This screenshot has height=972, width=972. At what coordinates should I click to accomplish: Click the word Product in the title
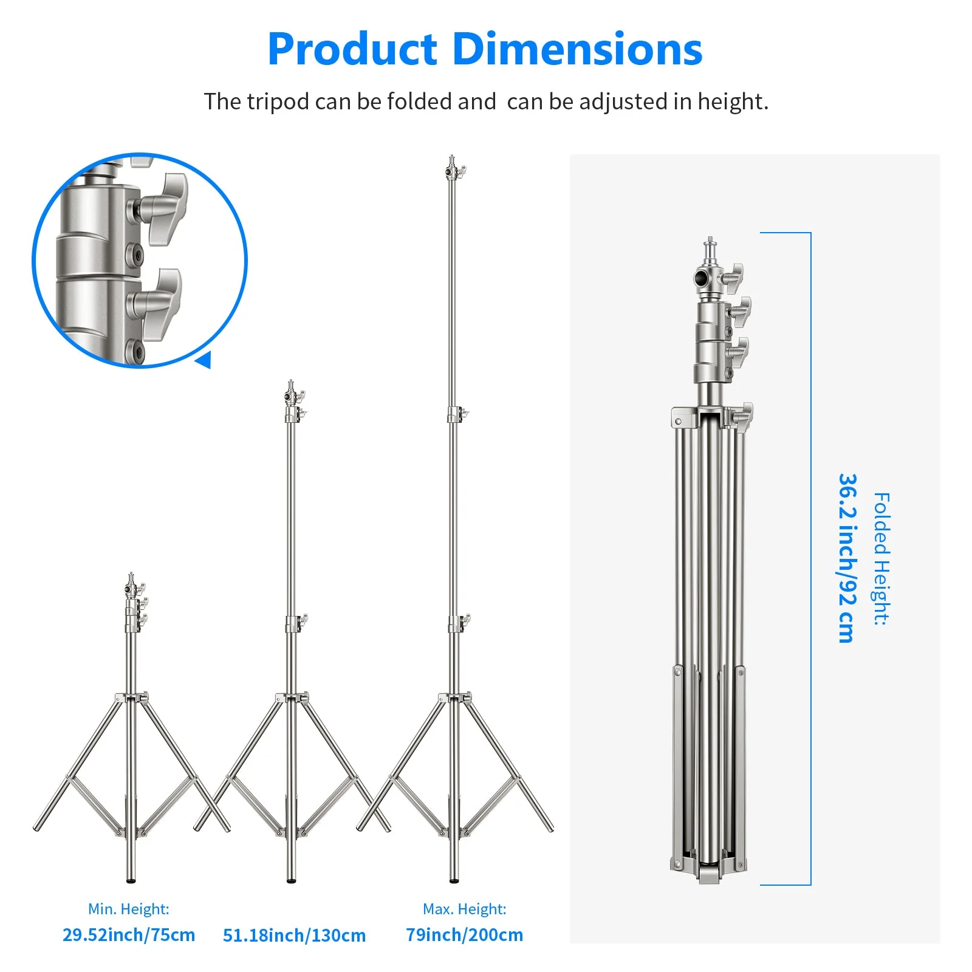pyautogui.click(x=352, y=50)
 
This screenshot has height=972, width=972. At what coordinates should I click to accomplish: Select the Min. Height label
pyautogui.click(x=129, y=909)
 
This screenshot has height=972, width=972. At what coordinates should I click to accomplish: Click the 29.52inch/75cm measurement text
pyautogui.click(x=129, y=934)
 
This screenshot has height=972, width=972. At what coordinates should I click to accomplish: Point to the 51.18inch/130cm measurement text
pyautogui.click(x=294, y=935)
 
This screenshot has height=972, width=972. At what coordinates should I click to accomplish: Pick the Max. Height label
pyautogui.click(x=464, y=909)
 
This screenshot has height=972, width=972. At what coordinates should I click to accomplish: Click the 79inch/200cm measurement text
pyautogui.click(x=464, y=934)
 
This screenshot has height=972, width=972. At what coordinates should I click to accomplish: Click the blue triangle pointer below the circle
pyautogui.click(x=204, y=360)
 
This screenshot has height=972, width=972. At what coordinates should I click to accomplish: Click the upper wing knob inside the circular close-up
pyautogui.click(x=163, y=207)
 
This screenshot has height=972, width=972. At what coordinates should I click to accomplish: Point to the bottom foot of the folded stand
pyautogui.click(x=708, y=875)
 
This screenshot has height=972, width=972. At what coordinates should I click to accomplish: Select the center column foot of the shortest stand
pyautogui.click(x=131, y=878)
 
